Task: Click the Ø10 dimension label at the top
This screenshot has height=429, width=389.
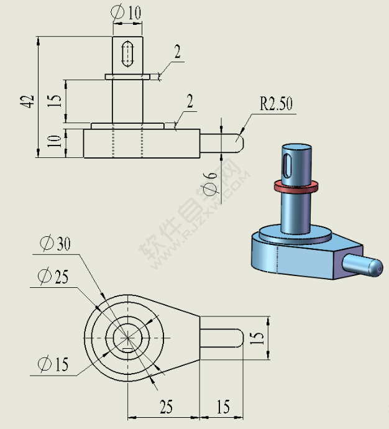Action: point(126,12)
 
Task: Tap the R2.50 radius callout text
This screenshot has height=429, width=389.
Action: point(276,104)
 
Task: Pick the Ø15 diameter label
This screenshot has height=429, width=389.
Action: point(53,364)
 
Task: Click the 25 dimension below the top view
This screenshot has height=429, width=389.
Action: point(166,407)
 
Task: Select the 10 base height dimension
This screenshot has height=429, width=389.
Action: point(55,144)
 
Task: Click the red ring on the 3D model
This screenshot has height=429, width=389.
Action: point(295,185)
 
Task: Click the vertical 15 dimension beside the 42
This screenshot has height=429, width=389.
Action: point(55,101)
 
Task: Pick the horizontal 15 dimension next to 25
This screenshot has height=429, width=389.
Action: point(222,407)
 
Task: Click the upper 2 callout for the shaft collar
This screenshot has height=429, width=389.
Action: point(178,52)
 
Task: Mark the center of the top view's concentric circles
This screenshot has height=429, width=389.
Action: point(127,337)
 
